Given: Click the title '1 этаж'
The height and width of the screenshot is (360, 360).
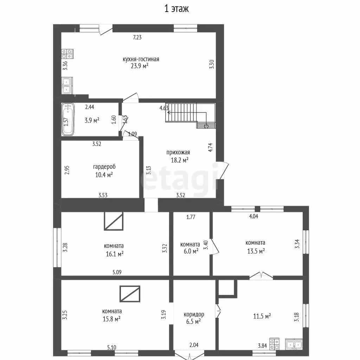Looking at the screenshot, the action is [176, 8].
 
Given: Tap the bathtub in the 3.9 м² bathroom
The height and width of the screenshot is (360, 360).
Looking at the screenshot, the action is [68, 120].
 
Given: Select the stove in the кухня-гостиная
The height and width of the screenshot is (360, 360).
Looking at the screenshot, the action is [67, 54].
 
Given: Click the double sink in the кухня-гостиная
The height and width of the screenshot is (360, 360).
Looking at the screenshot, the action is [67, 86].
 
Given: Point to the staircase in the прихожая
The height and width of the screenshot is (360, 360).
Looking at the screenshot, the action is [191, 116].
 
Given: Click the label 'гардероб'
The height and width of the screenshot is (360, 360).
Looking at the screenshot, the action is [104, 166].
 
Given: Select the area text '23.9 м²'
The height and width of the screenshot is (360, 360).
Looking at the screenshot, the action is [140, 66].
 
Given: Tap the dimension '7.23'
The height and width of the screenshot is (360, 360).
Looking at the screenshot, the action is [137, 37].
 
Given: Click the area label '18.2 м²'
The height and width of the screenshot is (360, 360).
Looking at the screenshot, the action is [180, 160].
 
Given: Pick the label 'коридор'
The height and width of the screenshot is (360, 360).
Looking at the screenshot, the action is [194, 314].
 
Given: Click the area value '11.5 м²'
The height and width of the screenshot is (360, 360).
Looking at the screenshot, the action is [262, 316].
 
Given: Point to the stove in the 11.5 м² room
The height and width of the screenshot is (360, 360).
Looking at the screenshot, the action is [274, 344].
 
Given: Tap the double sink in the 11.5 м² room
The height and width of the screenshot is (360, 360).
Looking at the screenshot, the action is [294, 344].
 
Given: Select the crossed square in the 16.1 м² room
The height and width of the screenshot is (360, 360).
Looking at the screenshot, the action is [114, 221].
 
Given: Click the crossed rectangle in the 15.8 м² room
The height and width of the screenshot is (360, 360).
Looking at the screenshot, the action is [130, 294].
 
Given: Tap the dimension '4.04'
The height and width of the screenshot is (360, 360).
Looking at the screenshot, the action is [253, 216].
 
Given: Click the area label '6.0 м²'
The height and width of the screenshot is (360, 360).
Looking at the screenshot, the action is [191, 251].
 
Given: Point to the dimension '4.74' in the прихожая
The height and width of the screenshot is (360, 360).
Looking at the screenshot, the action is [210, 147].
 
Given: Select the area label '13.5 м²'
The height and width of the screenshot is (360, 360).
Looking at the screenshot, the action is [256, 251].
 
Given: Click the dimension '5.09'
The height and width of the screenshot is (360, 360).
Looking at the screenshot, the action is [117, 272].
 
